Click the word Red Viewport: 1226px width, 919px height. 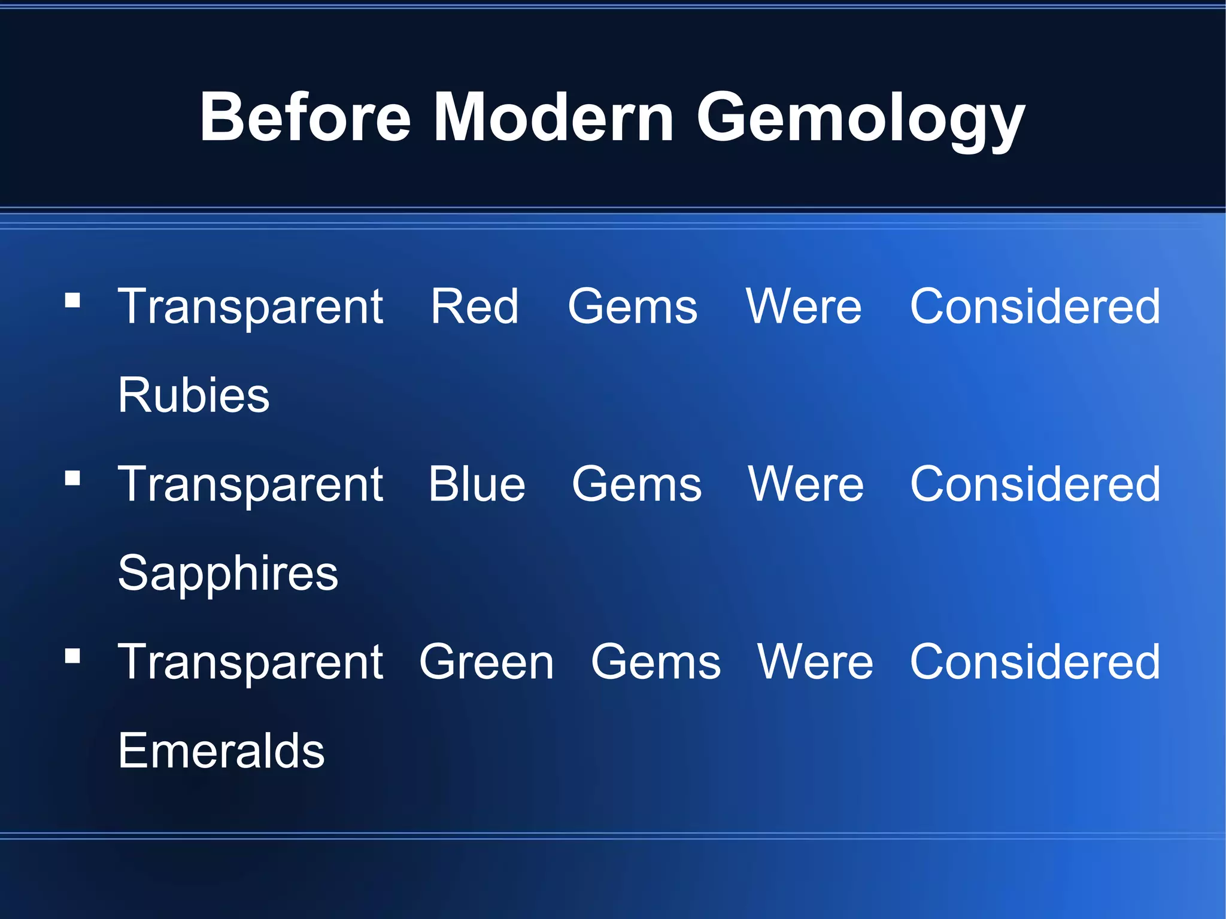[475, 307]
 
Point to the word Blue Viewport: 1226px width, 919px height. [477, 484]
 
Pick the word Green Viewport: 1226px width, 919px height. [487, 662]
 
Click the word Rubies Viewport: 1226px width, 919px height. [194, 395]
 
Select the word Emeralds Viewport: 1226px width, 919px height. [221, 751]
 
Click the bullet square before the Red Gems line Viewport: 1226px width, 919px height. [72, 299]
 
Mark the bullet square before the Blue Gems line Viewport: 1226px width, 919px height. [72, 478]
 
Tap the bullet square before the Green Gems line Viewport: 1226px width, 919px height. [72, 656]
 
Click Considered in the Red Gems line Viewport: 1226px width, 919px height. [1035, 307]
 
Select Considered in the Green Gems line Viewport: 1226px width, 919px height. [1035, 662]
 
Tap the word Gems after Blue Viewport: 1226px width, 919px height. [636, 484]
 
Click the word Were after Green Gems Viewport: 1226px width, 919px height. [815, 662]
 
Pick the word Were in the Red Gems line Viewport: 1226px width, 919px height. [803, 307]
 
